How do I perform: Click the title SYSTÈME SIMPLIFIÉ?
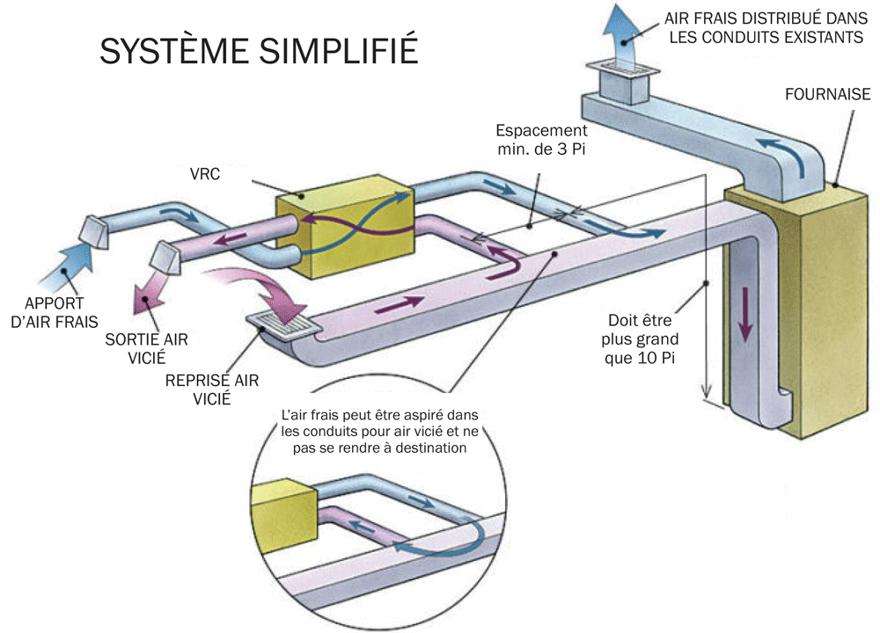(x=257, y=50)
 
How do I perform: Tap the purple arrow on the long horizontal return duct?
(x=398, y=303)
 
